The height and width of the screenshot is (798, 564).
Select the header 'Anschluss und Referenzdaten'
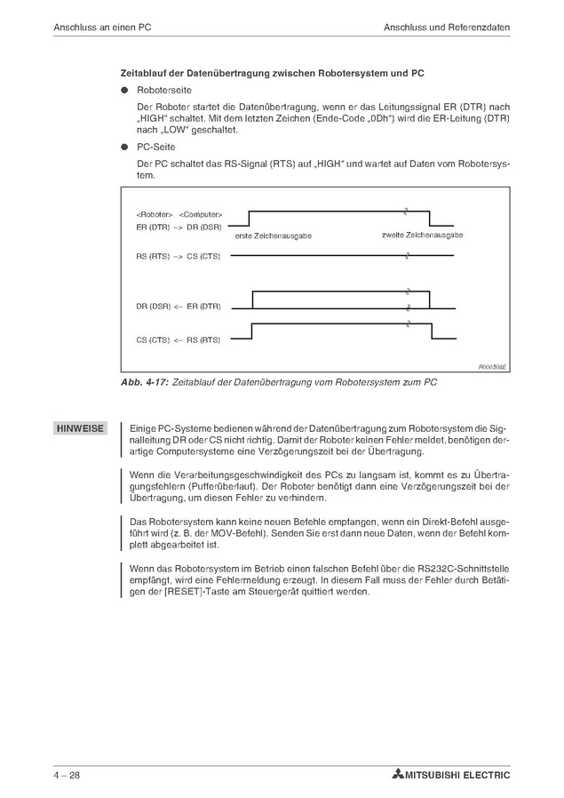click(447, 28)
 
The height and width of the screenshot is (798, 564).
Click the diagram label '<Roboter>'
click(155, 215)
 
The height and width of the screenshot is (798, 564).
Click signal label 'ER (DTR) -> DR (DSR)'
click(179, 227)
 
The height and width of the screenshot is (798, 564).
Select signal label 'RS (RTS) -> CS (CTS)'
click(179, 257)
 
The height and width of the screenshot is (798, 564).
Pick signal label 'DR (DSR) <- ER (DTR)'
click(179, 307)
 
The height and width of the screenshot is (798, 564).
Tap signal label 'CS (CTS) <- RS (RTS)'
click(179, 339)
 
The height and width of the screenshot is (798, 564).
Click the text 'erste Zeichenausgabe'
click(274, 235)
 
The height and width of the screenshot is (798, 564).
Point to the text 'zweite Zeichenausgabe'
click(422, 235)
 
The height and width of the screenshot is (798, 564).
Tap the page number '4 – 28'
click(67, 775)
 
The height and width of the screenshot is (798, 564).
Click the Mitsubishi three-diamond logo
click(396, 775)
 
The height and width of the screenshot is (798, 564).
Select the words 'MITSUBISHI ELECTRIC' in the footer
click(457, 775)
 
